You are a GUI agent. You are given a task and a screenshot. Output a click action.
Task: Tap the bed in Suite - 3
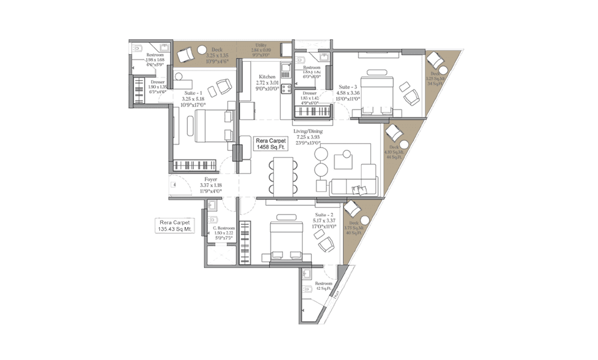(376, 93)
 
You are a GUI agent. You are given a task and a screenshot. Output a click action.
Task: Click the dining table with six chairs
(282, 175)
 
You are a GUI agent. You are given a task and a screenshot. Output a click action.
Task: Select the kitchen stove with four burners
(287, 88)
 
